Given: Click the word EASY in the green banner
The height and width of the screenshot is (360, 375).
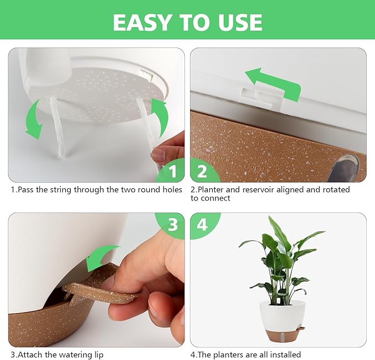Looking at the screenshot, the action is coord(141,22).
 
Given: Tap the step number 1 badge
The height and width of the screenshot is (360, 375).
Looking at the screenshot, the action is coord(171,171).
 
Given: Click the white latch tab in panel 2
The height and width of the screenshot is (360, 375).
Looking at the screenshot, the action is coord(261,97).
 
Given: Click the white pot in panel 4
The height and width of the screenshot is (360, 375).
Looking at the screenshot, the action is coord(283,314).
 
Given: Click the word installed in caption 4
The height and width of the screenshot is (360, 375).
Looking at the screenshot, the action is coord(284,354).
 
